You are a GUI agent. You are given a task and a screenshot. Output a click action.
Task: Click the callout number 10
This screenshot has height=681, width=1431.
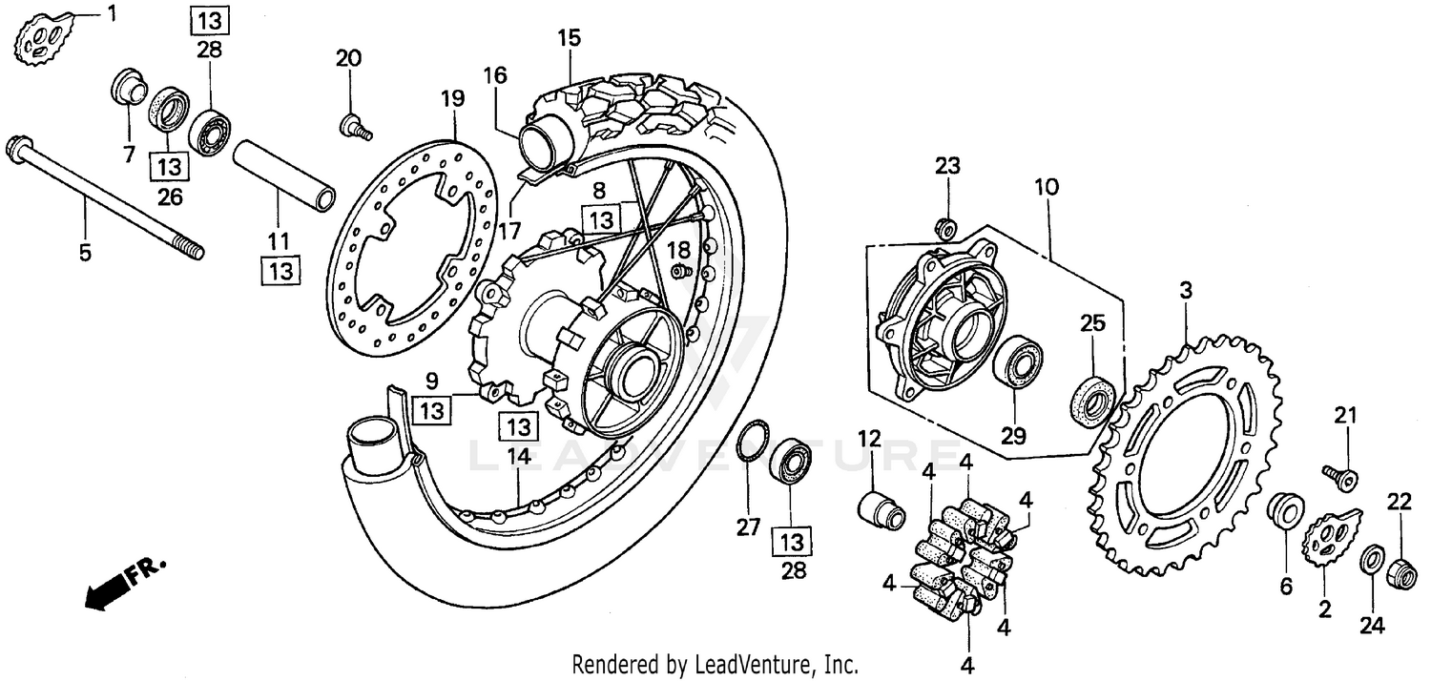1047,187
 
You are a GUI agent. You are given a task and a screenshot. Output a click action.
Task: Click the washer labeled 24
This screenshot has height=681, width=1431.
1371,558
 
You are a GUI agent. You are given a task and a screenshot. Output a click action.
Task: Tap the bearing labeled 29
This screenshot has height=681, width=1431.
1017,366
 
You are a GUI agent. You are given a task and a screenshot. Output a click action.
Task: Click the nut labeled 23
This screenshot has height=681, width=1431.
947,229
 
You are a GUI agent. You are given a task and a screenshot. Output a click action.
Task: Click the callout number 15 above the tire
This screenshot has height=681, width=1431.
569,39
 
